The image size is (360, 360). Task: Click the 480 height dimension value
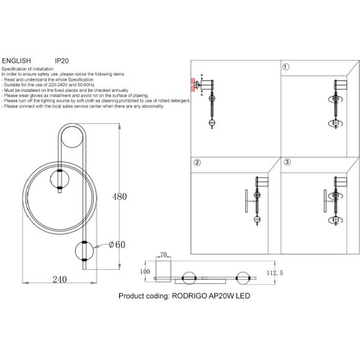point(119,197)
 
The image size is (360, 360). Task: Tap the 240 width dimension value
point(60,279)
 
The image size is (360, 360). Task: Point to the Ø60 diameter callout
point(117,245)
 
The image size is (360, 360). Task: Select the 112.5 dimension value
point(275,272)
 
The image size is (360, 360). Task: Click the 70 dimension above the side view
point(163,254)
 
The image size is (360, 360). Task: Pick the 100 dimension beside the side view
point(145,272)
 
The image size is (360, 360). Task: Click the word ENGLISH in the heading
point(16,61)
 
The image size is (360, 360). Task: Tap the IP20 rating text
point(61,61)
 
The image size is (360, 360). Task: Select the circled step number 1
point(286,67)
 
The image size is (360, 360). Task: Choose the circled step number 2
point(197,163)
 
